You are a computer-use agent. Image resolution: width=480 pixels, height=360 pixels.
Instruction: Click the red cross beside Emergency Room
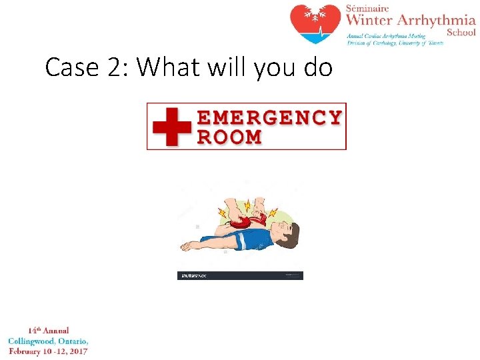pyautogui.click(x=171, y=127)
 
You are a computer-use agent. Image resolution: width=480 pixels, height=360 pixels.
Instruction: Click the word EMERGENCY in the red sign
pyautogui.click(x=269, y=118)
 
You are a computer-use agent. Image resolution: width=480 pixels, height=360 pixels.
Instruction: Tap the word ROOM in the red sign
pyautogui.click(x=229, y=137)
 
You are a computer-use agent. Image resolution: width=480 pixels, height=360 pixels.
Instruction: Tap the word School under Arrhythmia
pyautogui.click(x=461, y=32)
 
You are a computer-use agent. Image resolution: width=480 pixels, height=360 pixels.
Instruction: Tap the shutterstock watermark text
pyautogui.click(x=194, y=275)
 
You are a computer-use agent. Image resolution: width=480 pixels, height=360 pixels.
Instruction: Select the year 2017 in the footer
pyautogui.click(x=77, y=351)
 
